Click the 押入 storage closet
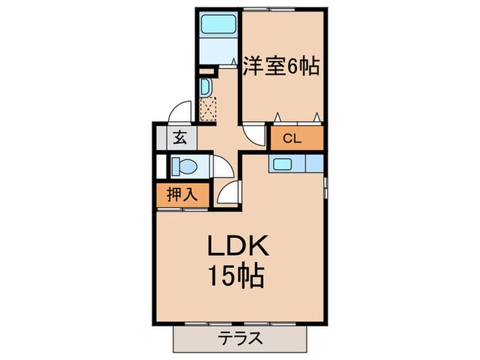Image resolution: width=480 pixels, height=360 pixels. point(179,194)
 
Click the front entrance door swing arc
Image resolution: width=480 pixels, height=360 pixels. point(181,112)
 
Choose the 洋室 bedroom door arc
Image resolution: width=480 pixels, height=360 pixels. point(253,133)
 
